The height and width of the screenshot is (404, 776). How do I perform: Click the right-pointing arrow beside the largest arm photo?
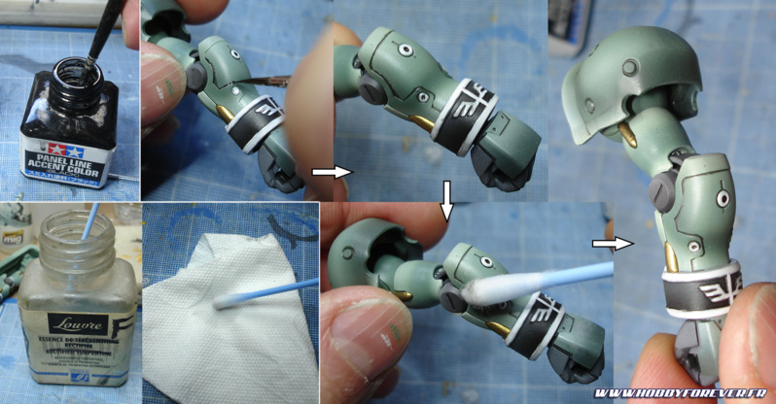(x=611, y=244)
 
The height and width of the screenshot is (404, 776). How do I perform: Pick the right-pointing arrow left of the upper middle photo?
(x=328, y=172)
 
